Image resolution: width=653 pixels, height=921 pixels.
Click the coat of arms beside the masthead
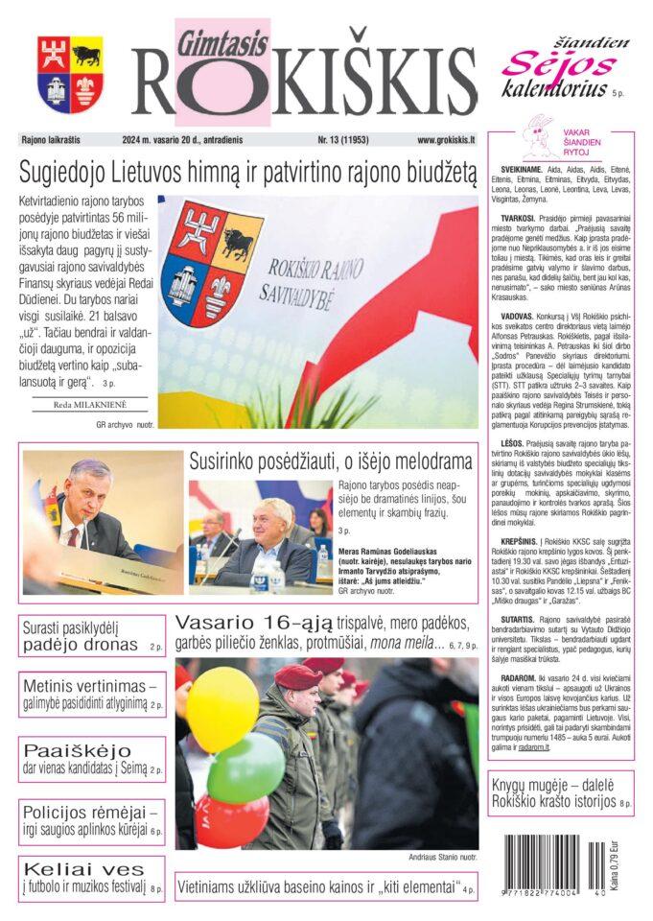pyautogui.click(x=71, y=75)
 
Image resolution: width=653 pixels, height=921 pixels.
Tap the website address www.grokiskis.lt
pyautogui.click(x=447, y=140)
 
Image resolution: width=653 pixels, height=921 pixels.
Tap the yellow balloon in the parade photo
pyautogui.click(x=222, y=709)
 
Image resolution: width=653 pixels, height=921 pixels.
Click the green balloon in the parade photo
pyautogui.click(x=245, y=767)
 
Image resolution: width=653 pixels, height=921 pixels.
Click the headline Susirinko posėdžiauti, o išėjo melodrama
pyautogui.click(x=331, y=461)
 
